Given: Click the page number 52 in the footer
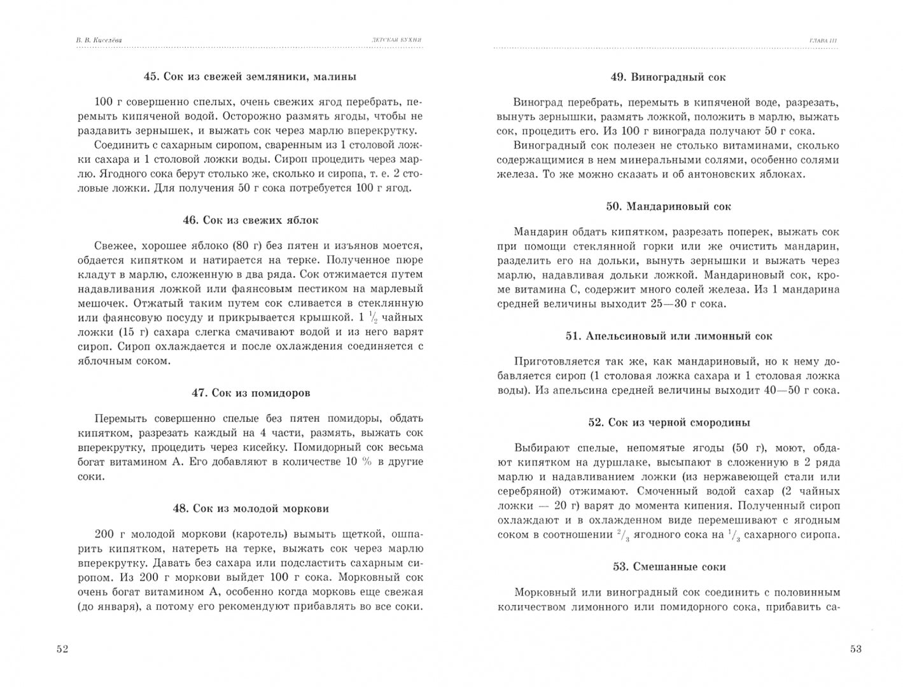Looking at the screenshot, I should [62, 649].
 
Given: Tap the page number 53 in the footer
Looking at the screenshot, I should [855, 649].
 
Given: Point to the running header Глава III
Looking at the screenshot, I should [823, 41].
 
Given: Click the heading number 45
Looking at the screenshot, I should [151, 77].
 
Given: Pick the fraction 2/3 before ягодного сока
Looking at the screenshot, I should [624, 535].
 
